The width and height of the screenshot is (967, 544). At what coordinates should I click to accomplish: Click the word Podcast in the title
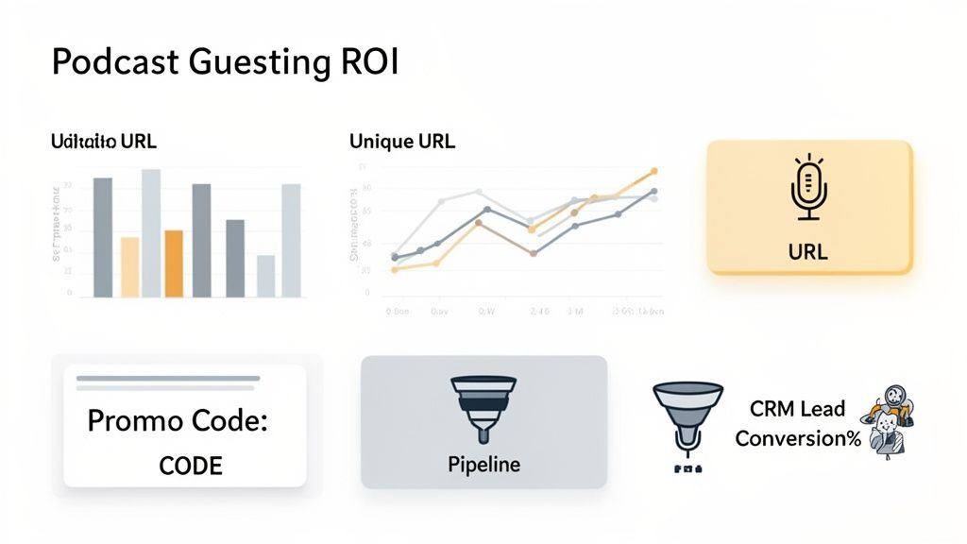[x=105, y=62]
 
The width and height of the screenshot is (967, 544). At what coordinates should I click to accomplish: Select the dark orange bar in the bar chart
[x=174, y=263]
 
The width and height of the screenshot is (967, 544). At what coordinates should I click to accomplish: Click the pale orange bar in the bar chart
[x=129, y=267]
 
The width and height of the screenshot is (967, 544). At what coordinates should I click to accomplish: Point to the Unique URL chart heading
[x=401, y=143]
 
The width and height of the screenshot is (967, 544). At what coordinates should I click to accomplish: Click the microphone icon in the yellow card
[x=808, y=188]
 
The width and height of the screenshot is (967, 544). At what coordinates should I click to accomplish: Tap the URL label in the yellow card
[x=807, y=252]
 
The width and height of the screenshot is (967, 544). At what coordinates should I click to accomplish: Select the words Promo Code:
[x=178, y=421]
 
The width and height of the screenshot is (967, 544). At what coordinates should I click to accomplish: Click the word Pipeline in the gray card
[x=483, y=465]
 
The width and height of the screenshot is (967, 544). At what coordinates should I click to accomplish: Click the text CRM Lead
[x=797, y=410]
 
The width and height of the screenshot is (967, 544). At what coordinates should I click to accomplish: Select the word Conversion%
[x=797, y=439]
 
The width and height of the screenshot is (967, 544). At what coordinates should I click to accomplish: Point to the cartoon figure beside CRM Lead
[x=892, y=422]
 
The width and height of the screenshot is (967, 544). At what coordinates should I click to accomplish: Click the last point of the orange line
[x=653, y=172]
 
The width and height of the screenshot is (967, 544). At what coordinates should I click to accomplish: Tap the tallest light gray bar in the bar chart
[x=151, y=233]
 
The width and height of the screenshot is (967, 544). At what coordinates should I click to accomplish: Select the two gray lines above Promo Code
[x=167, y=382]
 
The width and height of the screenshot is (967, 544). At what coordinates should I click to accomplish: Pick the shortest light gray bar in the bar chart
[x=266, y=276]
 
